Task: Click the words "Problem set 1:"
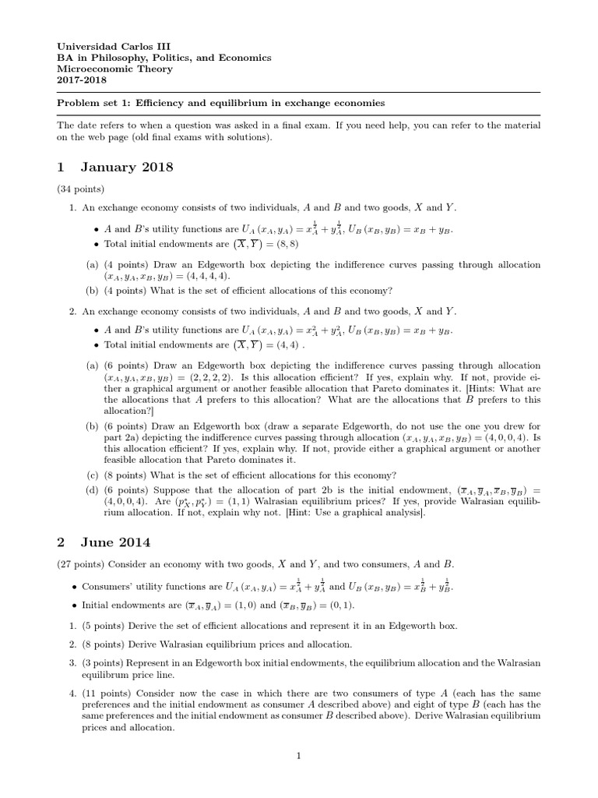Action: [94, 103]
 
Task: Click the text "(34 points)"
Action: [81, 189]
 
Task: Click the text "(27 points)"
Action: [81, 563]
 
